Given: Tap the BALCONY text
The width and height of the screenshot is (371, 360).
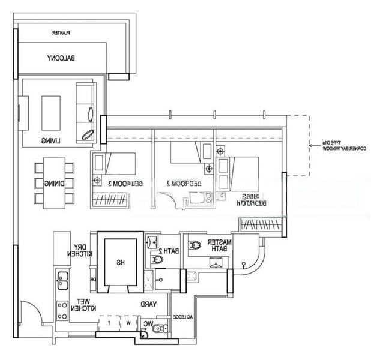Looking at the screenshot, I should click(x=62, y=58).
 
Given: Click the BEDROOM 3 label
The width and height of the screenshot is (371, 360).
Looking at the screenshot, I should click(x=119, y=183).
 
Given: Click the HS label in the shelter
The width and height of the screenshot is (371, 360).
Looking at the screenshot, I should click(x=121, y=262).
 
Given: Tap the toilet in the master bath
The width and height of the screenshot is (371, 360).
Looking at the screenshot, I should click(x=195, y=245).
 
